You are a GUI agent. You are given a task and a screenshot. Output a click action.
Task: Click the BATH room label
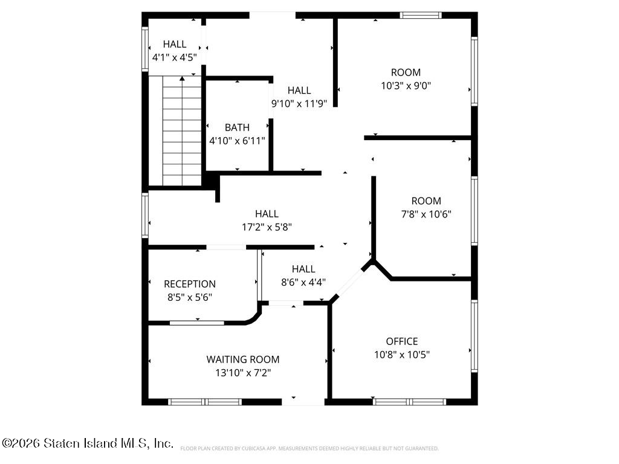237,127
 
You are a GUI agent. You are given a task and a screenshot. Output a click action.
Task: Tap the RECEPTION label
190,284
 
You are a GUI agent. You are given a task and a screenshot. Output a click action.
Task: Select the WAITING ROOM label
243,359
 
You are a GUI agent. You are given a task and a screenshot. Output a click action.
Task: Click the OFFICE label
402,341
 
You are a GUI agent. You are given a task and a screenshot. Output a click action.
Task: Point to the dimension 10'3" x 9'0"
406,86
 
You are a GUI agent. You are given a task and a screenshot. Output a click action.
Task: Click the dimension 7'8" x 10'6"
426,214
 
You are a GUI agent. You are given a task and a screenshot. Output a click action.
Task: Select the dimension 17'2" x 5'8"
267,227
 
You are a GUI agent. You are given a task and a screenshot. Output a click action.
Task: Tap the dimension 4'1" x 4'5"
175,57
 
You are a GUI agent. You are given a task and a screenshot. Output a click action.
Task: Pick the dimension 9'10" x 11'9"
299,104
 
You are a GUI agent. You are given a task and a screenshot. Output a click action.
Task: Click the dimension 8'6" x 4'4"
303,283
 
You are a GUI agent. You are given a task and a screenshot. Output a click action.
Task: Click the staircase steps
182,131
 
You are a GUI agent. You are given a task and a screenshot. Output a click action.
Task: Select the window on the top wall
421,15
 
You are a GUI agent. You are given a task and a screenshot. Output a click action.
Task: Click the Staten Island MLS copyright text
88,443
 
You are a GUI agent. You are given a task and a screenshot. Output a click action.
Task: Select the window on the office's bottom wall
409,402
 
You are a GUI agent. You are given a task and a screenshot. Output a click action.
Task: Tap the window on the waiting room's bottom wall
205,402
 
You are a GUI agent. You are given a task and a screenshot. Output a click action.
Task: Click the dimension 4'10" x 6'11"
237,141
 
